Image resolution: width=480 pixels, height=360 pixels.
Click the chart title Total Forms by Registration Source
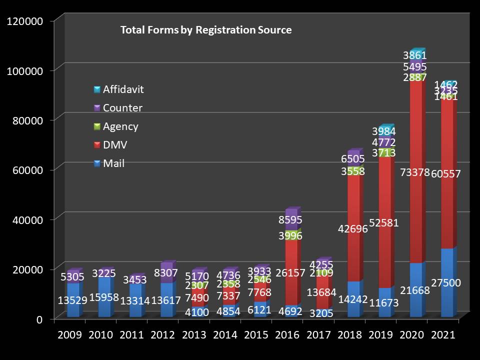(x=205, y=30)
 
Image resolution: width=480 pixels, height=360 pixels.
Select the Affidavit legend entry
(x=123, y=90)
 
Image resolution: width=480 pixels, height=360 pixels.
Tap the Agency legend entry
(x=120, y=126)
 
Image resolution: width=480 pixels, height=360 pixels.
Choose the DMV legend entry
(x=114, y=145)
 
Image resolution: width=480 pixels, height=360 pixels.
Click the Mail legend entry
(x=113, y=163)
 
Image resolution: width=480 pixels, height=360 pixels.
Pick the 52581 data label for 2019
(x=384, y=223)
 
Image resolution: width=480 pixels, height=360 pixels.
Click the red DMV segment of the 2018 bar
(x=353, y=210)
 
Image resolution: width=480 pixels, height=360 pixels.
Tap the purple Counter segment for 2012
(x=166, y=270)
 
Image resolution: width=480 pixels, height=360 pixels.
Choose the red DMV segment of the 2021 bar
(x=446, y=200)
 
